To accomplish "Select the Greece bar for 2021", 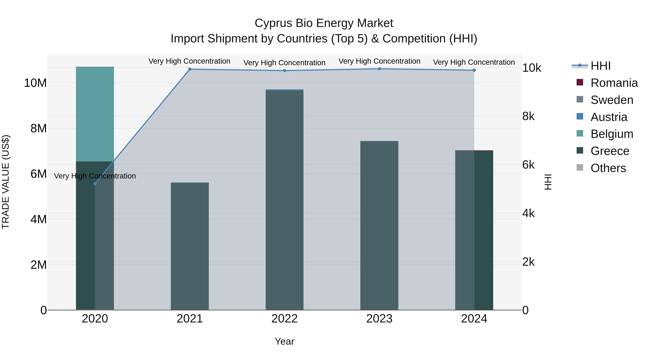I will click(190, 246).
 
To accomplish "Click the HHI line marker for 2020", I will click(95, 184).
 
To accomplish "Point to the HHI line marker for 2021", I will click(190, 69).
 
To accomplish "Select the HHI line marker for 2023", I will click(379, 69).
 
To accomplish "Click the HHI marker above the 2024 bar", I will click(474, 70).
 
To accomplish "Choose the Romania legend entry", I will click(614, 83).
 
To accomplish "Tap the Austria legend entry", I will click(609, 117).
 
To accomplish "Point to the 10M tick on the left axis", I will click(35, 83).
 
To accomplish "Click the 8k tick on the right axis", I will click(528, 116).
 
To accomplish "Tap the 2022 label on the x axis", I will click(285, 319).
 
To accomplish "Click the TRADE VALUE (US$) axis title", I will click(6, 182).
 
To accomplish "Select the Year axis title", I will click(285, 341).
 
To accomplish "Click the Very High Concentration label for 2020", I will click(95, 176).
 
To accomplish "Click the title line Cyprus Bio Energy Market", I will click(324, 23).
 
